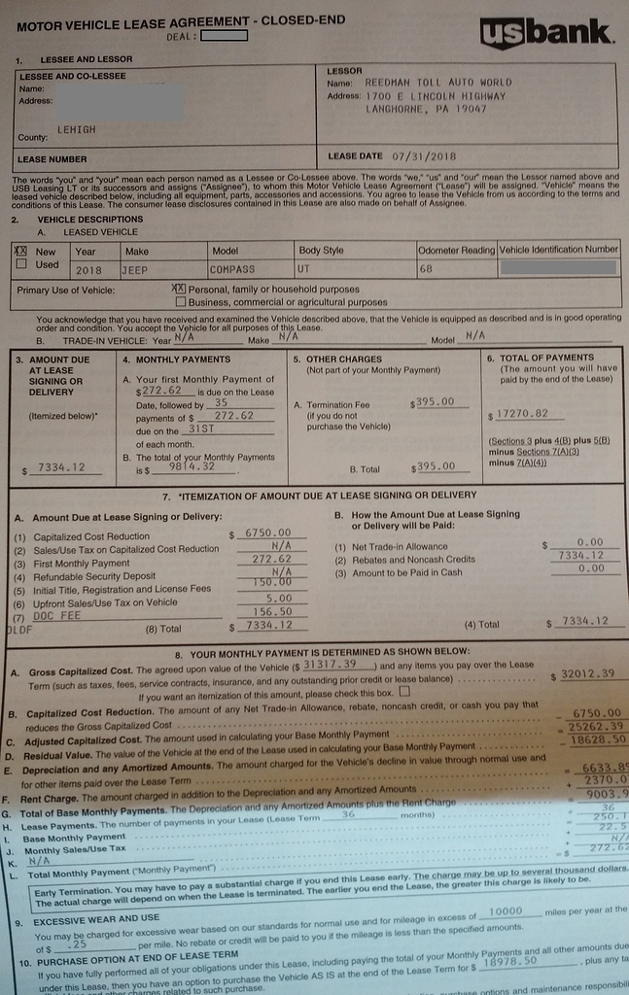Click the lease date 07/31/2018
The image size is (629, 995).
(424, 155)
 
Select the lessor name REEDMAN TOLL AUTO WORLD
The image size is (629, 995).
(437, 83)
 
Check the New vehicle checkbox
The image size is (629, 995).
(20, 251)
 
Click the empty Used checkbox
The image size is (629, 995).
(20, 264)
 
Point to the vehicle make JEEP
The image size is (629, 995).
(135, 270)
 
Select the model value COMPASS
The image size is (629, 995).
(233, 270)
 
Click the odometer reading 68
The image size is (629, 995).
(426, 269)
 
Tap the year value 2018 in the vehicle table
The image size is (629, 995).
(87, 270)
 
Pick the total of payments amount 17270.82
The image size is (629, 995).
(522, 414)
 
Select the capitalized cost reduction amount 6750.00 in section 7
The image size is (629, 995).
(267, 533)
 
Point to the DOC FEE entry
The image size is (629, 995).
(51, 616)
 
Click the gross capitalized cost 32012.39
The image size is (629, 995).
(589, 673)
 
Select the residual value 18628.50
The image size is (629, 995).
(598, 740)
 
